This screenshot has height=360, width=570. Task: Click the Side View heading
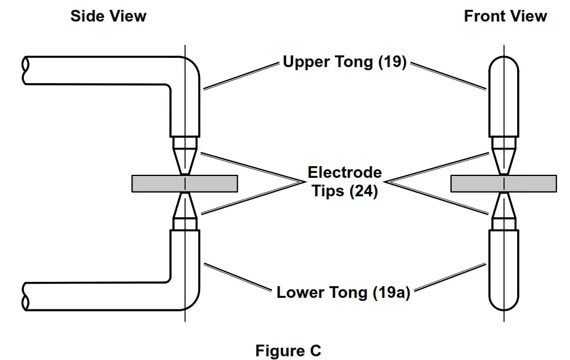click(108, 17)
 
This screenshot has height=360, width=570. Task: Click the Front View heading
click(505, 17)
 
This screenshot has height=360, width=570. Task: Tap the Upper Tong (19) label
click(344, 62)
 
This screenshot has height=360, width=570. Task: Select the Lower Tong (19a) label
click(343, 292)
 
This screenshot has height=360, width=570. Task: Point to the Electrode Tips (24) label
click(345, 182)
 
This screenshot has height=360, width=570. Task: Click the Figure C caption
click(288, 351)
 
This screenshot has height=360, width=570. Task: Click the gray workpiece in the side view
click(185, 183)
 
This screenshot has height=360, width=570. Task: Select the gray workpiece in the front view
click(504, 183)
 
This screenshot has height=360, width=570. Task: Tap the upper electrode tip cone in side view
click(185, 162)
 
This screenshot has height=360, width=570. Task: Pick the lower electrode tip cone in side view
click(185, 206)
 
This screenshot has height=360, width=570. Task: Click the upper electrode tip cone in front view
click(504, 162)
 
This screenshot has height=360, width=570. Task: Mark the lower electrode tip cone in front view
click(504, 206)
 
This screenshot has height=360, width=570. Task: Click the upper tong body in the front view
click(504, 96)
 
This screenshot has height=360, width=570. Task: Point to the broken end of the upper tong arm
click(25, 71)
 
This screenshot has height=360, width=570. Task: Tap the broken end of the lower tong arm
click(25, 297)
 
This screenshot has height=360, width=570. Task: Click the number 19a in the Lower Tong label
click(392, 292)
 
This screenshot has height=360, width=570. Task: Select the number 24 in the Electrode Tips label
click(364, 191)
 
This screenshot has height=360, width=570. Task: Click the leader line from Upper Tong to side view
click(241, 76)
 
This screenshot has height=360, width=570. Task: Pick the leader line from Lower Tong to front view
click(450, 277)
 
